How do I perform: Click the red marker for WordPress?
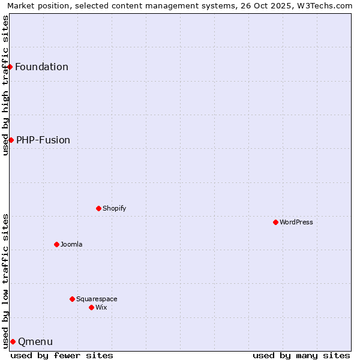tap(275, 222)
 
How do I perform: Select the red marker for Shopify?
tap(98, 208)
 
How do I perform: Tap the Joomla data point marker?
tap(56, 244)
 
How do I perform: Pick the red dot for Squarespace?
tap(72, 299)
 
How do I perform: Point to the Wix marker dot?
tap(91, 307)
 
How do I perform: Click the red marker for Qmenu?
tap(13, 341)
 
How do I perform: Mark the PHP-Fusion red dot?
tap(11, 140)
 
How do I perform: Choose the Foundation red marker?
tap(10, 67)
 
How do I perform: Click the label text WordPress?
tap(296, 222)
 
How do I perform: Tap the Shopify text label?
tap(114, 208)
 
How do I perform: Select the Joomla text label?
tap(71, 244)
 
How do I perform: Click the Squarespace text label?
tap(97, 299)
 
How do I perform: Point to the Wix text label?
tap(101, 307)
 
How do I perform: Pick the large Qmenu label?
tap(35, 341)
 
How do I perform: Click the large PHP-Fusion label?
tap(43, 140)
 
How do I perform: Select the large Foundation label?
tap(41, 67)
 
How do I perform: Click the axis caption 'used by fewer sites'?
tap(62, 355)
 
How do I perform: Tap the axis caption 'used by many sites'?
tap(301, 355)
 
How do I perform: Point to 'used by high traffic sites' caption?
tap(5, 85)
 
